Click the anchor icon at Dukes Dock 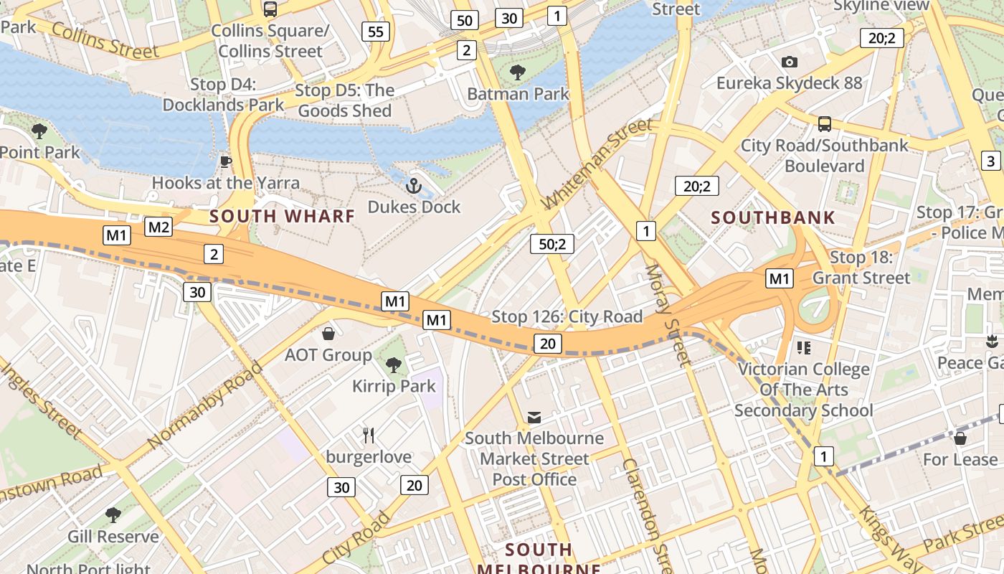(x=413, y=187)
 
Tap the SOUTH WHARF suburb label (x=282, y=216)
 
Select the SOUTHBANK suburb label (x=773, y=217)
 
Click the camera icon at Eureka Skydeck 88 (x=790, y=62)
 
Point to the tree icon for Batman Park (x=517, y=72)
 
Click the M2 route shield (x=158, y=227)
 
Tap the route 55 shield (x=376, y=31)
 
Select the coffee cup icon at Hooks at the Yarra (x=225, y=161)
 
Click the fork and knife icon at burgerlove (x=369, y=435)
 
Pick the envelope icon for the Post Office (x=534, y=417)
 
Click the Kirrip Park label (x=394, y=386)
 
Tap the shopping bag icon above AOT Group (x=328, y=334)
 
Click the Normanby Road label (x=204, y=406)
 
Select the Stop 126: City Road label (x=567, y=316)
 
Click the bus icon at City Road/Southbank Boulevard (x=824, y=123)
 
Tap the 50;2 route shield (x=552, y=244)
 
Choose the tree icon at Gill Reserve (x=113, y=514)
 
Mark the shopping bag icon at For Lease (x=960, y=438)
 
